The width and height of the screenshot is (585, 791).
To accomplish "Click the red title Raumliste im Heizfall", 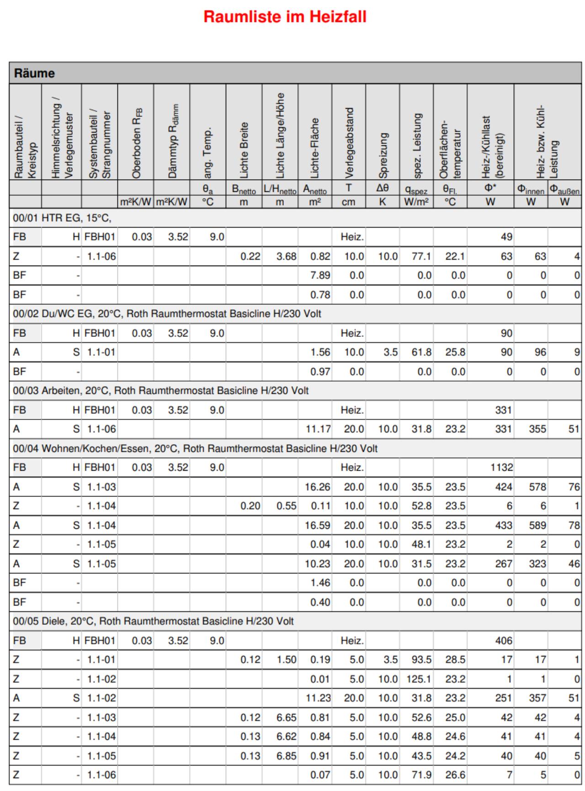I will (285, 17).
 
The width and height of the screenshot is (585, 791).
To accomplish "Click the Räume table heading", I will (34, 73).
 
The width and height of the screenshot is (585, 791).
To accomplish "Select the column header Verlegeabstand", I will (349, 143).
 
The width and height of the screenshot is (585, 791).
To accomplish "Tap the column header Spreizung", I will (383, 155).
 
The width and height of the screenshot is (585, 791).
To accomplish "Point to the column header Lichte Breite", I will (244, 150).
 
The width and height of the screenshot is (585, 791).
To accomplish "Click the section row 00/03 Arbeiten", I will (160, 391).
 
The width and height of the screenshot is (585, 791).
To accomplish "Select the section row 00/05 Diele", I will (153, 621).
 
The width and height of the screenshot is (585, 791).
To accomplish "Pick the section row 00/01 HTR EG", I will (62, 218).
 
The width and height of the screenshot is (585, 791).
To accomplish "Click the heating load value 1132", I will (501, 467).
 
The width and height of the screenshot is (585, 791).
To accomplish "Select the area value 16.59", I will (317, 526).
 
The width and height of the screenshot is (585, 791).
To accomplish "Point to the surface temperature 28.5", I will (455, 660).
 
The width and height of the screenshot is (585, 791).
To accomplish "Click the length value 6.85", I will (286, 756).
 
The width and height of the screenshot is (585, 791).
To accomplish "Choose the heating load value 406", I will (504, 641).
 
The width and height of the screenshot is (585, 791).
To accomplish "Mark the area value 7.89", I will (320, 276).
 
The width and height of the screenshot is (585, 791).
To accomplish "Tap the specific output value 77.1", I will (421, 256).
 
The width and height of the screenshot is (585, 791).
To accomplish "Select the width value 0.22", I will (250, 256).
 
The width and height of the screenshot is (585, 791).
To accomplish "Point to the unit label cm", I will (348, 202).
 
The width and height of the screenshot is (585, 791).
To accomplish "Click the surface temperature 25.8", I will (455, 352).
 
